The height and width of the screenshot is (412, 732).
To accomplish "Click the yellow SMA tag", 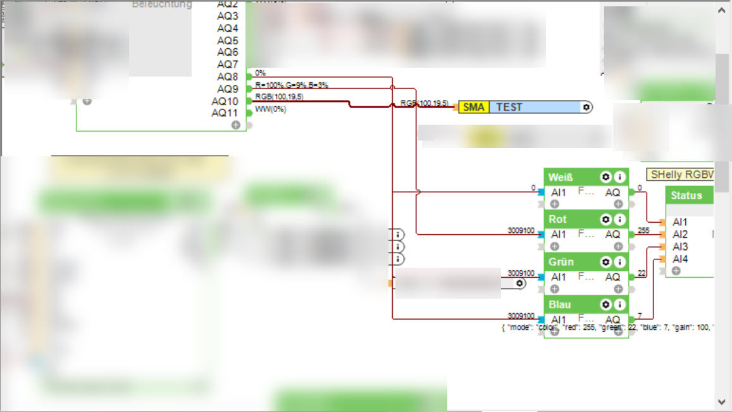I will click(473, 107).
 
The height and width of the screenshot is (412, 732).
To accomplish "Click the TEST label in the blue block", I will click(509, 107).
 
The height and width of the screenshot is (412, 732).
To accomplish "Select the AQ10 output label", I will click(225, 101).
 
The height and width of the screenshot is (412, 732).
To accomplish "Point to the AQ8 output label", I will click(227, 77).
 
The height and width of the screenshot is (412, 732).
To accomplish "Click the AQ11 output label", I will click(225, 113).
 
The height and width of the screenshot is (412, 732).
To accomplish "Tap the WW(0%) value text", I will click(270, 109).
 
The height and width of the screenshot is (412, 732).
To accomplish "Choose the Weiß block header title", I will click(561, 177).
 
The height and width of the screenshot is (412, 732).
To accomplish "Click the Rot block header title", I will click(557, 220).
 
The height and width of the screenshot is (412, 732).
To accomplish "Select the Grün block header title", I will click(561, 262).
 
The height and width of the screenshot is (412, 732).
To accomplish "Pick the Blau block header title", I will click(559, 304).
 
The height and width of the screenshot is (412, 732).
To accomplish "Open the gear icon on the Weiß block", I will click(605, 177).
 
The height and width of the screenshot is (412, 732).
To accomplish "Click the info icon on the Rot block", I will click(620, 220).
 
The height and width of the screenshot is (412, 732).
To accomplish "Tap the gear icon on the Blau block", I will click(605, 304).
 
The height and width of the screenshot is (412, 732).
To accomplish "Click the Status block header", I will click(686, 196).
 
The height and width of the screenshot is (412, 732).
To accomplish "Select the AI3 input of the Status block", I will click(680, 247).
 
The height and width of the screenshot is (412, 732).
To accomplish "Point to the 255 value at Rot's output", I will click(644, 230).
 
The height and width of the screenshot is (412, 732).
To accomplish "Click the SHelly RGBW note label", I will click(681, 174).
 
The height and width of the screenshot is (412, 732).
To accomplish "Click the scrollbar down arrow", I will click(722, 401).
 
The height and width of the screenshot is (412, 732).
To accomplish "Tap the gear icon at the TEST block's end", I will click(586, 107).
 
